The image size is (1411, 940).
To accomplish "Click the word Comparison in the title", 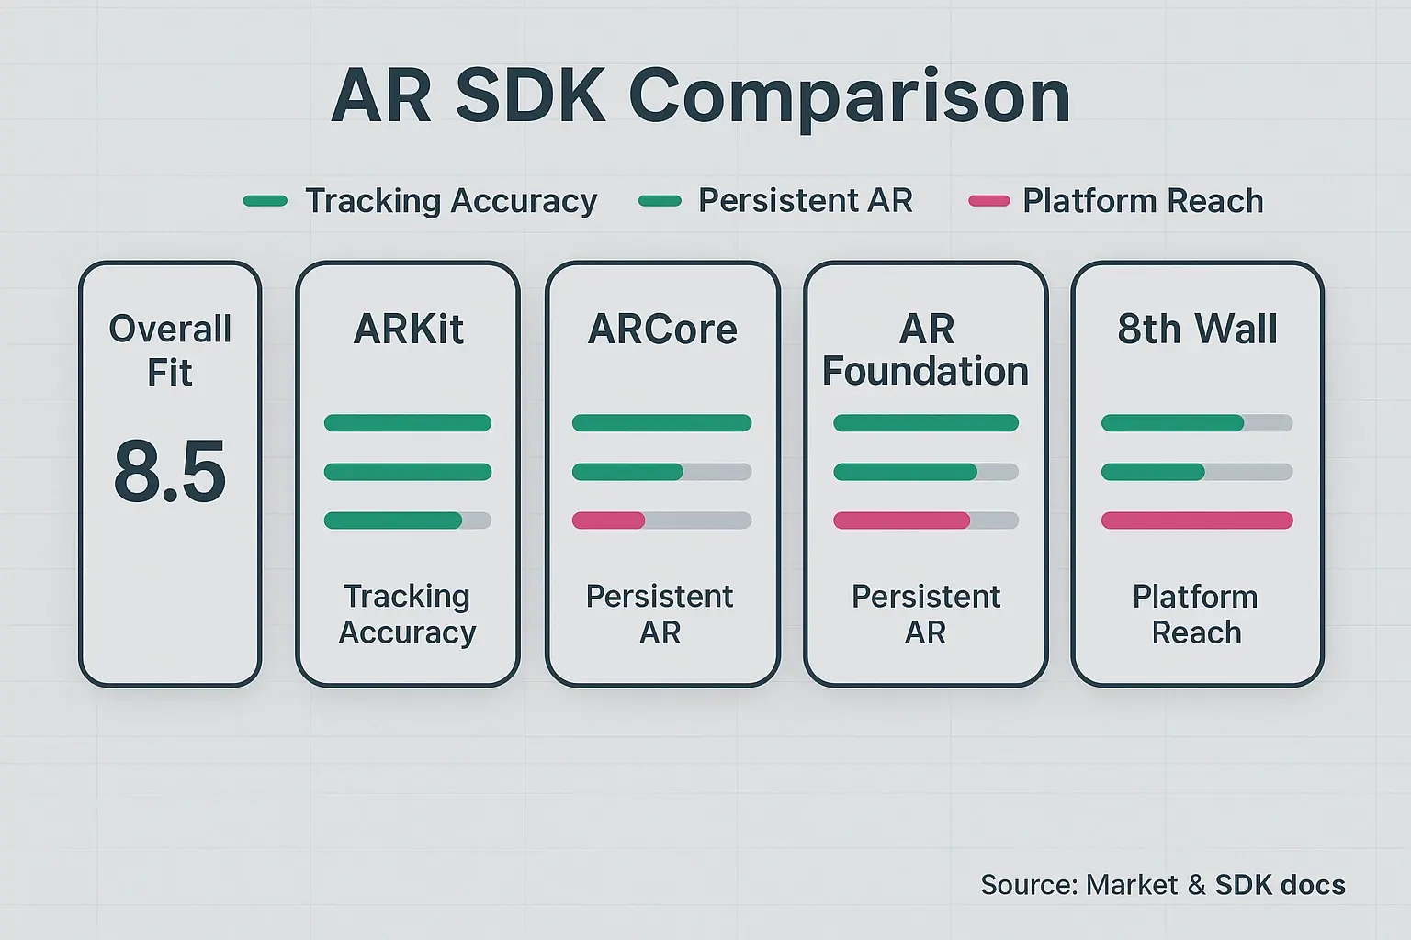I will pyautogui.click(x=850, y=97).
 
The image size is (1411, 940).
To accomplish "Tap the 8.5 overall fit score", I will pyautogui.click(x=170, y=472).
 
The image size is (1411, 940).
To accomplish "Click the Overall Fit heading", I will pyautogui.click(x=170, y=350).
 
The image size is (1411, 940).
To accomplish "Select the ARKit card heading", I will pyautogui.click(x=408, y=329).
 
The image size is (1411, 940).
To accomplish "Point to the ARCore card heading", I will pyautogui.click(x=662, y=329).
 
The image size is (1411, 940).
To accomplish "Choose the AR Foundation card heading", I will pyautogui.click(x=926, y=350).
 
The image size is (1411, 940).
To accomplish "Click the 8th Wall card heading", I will pyautogui.click(x=1197, y=329).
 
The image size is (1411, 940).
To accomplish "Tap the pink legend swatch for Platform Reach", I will pyautogui.click(x=989, y=201).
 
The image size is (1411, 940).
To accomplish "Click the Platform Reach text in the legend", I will pyautogui.click(x=1143, y=201).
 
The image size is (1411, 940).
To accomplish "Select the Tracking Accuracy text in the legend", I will pyautogui.click(x=451, y=201).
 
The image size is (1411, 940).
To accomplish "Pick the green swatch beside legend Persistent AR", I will pyautogui.click(x=660, y=201).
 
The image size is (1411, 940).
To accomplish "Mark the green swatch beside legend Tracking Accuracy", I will pyautogui.click(x=265, y=201).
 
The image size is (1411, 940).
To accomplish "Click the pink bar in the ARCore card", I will pyautogui.click(x=608, y=520).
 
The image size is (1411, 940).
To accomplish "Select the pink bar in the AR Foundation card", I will pyautogui.click(x=901, y=520).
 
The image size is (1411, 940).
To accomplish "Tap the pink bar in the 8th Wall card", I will pyautogui.click(x=1197, y=520).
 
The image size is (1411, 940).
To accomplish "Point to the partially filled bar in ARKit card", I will pyautogui.click(x=408, y=520).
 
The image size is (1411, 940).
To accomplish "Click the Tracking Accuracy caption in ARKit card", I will pyautogui.click(x=408, y=614).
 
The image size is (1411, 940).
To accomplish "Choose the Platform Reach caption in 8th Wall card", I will pyautogui.click(x=1196, y=614).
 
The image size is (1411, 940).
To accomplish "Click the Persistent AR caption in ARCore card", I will pyautogui.click(x=660, y=614).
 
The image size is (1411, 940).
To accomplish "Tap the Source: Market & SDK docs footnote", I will pyautogui.click(x=1162, y=885).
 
